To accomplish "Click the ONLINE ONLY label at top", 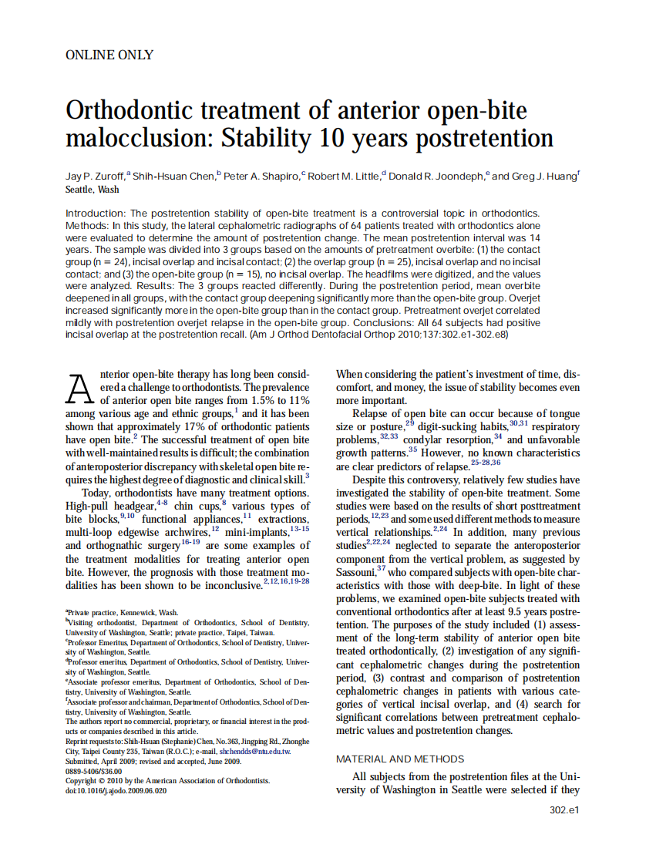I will [109, 55].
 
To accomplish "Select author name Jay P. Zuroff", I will [95, 177].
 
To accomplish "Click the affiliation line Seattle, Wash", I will [93, 190].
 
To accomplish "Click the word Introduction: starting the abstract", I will [96, 213].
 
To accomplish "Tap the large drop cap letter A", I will [81, 389].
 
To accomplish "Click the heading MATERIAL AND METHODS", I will [400, 759].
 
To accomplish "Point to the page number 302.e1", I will [564, 810].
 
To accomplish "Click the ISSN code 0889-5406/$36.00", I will [94, 770].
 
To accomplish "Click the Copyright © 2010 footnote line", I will [167, 780].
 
